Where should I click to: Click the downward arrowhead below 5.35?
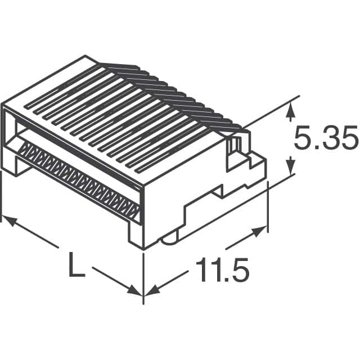click(x=290, y=167)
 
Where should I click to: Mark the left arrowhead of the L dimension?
click(x=8, y=220)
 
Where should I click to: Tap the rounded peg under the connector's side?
click(x=168, y=241)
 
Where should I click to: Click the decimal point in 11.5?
click(x=223, y=280)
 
